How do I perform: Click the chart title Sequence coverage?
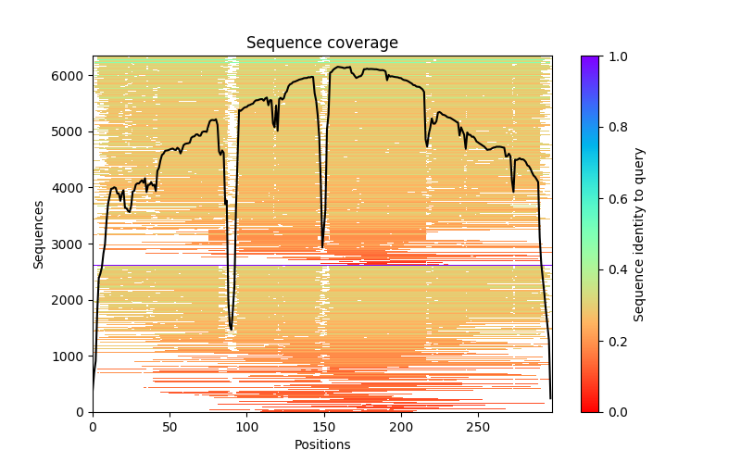[x=321, y=44]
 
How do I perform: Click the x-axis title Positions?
[x=321, y=444]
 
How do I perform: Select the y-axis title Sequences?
[x=39, y=233]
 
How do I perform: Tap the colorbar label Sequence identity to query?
[x=638, y=233]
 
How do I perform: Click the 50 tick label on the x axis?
[x=170, y=427]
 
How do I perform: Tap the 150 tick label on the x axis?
[x=324, y=427]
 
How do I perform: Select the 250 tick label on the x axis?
[x=478, y=427]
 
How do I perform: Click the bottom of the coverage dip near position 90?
[x=232, y=329]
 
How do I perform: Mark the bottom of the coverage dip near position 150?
[x=322, y=247]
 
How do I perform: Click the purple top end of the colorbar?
[x=590, y=58]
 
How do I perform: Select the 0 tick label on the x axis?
[x=93, y=427]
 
